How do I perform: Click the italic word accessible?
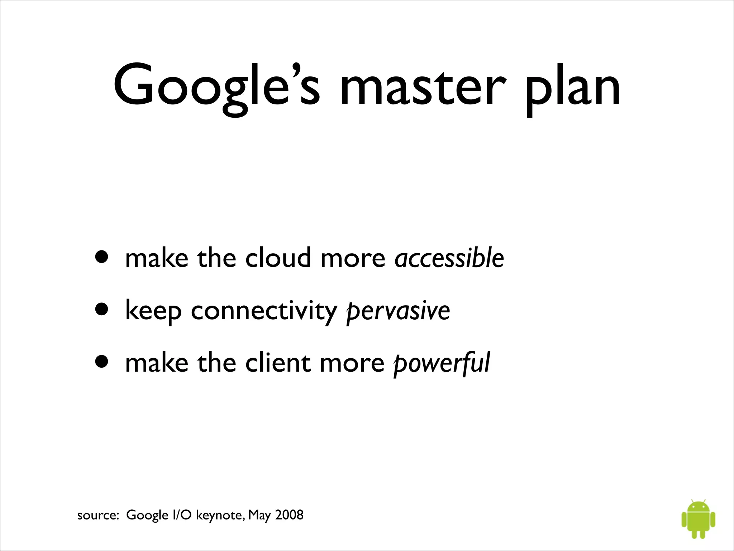click(x=449, y=258)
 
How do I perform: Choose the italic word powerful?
click(x=441, y=363)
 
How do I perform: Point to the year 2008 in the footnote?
click(x=289, y=515)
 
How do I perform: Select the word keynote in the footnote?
click(x=219, y=515)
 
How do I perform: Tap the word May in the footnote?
click(x=259, y=515)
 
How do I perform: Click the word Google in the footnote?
click(x=147, y=515)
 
